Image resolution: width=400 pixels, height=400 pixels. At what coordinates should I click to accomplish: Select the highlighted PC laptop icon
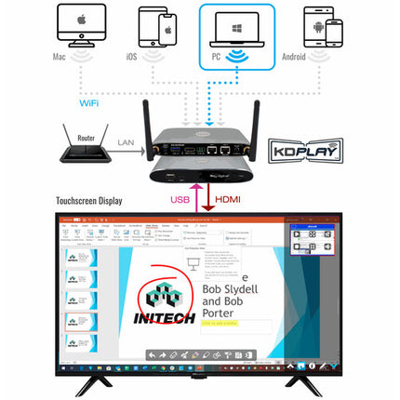point(239,31)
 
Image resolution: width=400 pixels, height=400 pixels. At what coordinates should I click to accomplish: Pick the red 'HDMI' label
point(229,198)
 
